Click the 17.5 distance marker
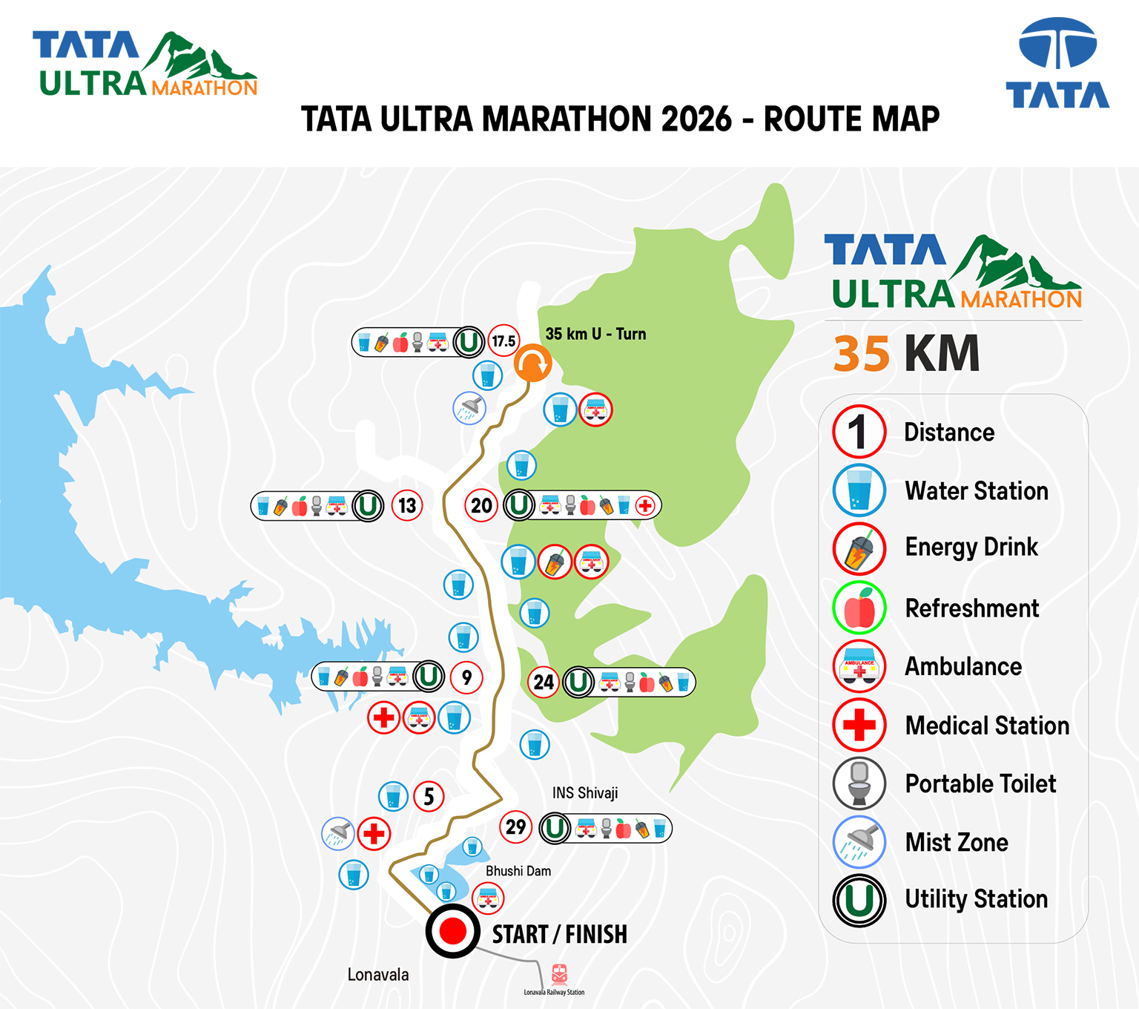coord(504,341)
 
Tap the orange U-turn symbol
coord(532,364)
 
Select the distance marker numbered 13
coord(407,506)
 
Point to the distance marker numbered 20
coord(481,506)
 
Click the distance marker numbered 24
coord(544,682)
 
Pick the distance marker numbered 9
coord(466,677)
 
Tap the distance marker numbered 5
coord(429,797)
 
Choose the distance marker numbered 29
coord(516,826)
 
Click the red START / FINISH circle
coord(452,930)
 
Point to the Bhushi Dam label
coord(518,871)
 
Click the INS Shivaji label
coord(585,793)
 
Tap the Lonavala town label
coord(378,975)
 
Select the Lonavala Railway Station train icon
coord(559,973)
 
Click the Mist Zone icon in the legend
coord(859,842)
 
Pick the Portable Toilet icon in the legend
coord(859,783)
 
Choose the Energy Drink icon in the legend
coord(859,549)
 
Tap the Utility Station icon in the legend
coord(859,900)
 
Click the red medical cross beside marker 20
coord(645,506)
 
